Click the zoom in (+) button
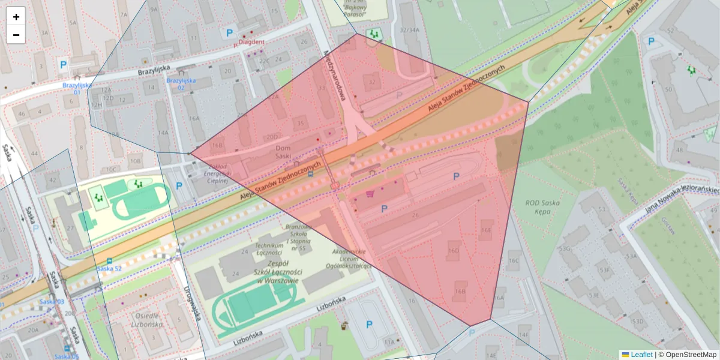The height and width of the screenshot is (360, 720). (x=16, y=17)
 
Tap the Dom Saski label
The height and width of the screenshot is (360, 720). (x=283, y=152)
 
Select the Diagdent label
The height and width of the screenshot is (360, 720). (x=251, y=42)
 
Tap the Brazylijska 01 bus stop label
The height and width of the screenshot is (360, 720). (x=77, y=89)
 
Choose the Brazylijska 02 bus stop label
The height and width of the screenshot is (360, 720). (x=181, y=84)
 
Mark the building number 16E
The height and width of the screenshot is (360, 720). (x=486, y=230)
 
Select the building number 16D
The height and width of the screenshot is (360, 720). (x=454, y=250)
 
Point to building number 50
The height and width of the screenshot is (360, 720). (x=668, y=90)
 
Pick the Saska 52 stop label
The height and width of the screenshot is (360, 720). (x=109, y=268)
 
